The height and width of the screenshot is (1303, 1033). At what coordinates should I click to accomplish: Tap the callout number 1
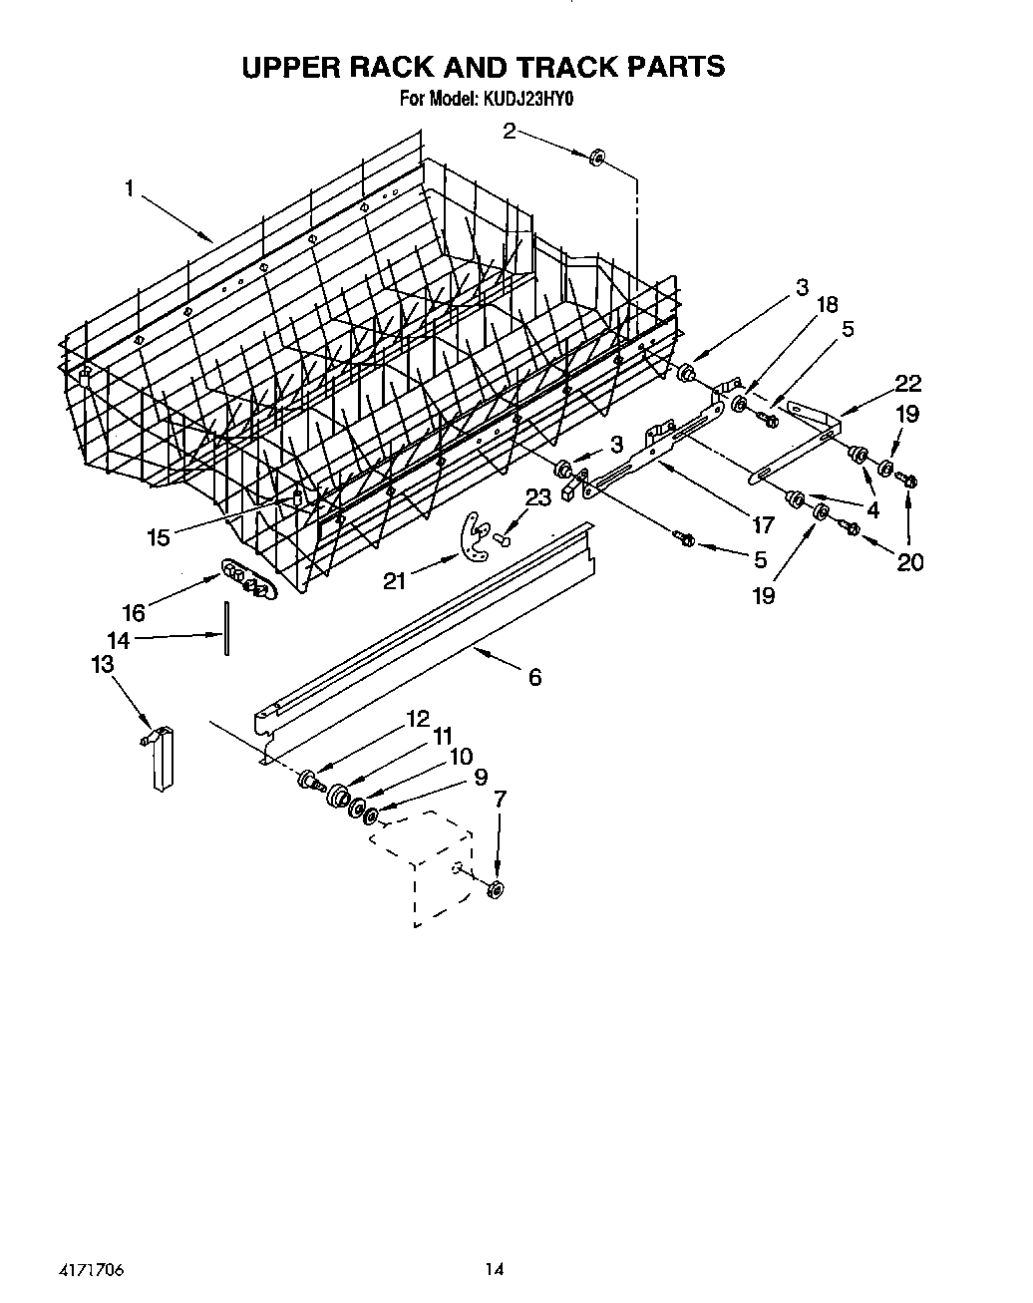pyautogui.click(x=129, y=187)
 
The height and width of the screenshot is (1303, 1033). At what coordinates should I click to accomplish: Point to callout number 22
pyautogui.click(x=907, y=384)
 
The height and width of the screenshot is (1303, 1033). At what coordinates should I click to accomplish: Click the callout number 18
pyautogui.click(x=828, y=305)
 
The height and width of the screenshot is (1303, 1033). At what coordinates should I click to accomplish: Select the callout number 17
pyautogui.click(x=763, y=524)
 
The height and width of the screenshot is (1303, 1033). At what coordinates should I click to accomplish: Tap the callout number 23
pyautogui.click(x=537, y=499)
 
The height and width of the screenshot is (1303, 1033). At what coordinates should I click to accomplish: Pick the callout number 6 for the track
pyautogui.click(x=534, y=678)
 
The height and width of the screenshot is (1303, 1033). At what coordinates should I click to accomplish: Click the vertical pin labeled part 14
pyautogui.click(x=227, y=628)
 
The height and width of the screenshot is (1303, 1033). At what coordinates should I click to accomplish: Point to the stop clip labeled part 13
pyautogui.click(x=160, y=758)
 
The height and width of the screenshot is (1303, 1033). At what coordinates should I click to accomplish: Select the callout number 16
pyautogui.click(x=133, y=613)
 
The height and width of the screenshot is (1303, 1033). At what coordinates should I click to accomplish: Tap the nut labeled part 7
pyautogui.click(x=496, y=889)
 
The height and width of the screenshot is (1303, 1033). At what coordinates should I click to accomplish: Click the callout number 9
pyautogui.click(x=480, y=777)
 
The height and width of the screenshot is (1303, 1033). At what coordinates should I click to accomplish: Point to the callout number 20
pyautogui.click(x=909, y=562)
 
